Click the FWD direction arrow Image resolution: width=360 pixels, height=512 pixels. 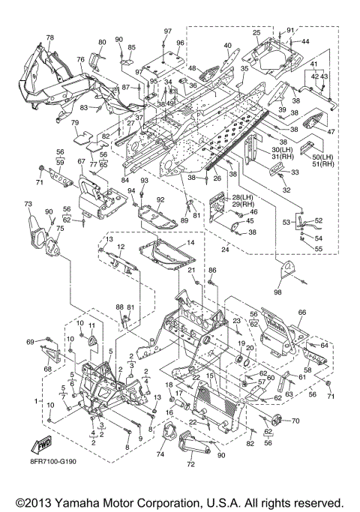click(x=41, y=445)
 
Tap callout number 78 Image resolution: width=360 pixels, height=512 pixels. click(x=49, y=37)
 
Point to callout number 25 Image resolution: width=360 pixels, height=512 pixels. click(x=256, y=33)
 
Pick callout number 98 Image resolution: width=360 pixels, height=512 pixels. click(x=277, y=292)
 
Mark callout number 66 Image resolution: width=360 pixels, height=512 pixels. click(x=302, y=313)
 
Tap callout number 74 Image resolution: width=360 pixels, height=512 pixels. click(x=160, y=454)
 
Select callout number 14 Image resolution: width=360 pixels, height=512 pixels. click(x=190, y=243)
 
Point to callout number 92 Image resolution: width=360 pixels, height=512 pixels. click(x=160, y=200)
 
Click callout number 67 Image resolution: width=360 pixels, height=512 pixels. click(x=81, y=161)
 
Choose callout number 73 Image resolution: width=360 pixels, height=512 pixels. click(x=28, y=204)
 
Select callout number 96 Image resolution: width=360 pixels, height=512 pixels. click(x=180, y=43)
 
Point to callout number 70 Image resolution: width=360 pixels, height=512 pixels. click(x=295, y=421)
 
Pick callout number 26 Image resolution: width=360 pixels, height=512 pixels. click(x=217, y=178)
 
